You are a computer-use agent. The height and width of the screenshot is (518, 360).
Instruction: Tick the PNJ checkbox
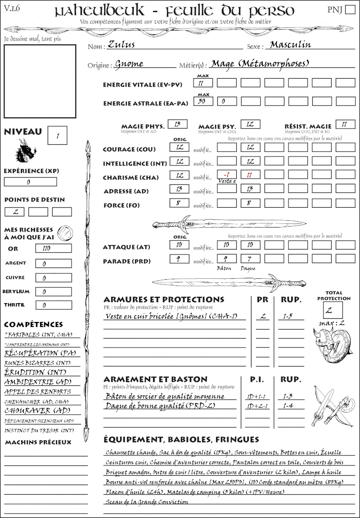click(x=350, y=10)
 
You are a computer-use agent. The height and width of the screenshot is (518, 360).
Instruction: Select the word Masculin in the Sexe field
click(x=290, y=45)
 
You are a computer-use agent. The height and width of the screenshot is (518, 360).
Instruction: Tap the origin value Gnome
click(x=129, y=64)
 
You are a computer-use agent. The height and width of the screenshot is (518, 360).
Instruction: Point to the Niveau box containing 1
click(x=58, y=135)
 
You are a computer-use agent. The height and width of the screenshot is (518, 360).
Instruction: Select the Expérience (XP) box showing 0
click(x=30, y=182)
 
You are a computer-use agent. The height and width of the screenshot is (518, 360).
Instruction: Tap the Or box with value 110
click(x=53, y=248)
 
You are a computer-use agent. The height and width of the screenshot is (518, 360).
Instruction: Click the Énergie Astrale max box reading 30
click(x=203, y=102)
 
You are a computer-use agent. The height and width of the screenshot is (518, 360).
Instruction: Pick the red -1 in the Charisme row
click(x=226, y=174)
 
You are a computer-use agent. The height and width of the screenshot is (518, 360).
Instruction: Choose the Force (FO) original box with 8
click(x=179, y=203)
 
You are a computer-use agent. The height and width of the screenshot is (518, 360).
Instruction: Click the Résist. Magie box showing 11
click(x=345, y=124)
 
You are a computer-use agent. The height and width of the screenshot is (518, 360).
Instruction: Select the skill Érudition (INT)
click(x=31, y=372)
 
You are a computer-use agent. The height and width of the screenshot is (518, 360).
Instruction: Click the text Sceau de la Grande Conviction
click(x=147, y=502)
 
